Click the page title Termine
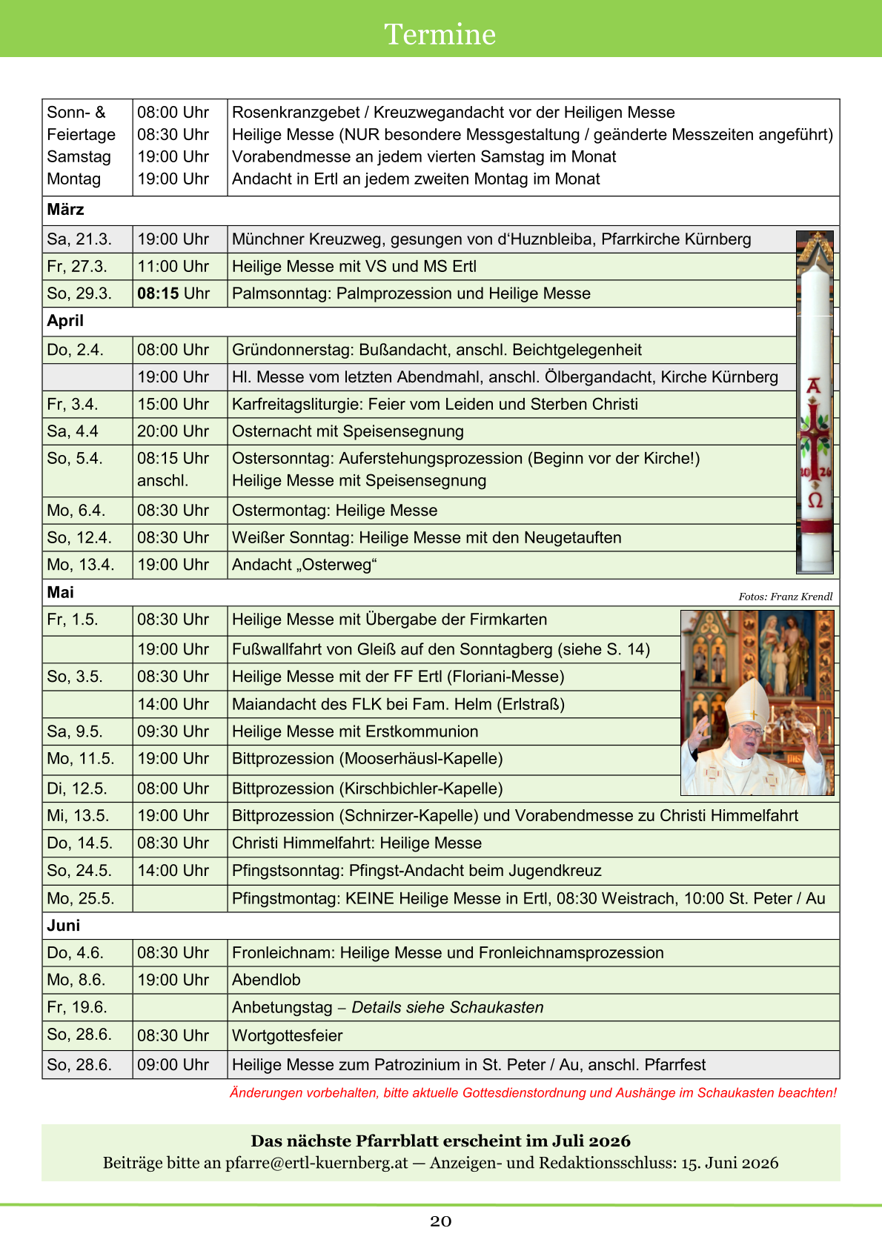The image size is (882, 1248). tap(440, 34)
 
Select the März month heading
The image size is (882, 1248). tap(65, 210)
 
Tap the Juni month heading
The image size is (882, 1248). tap(63, 926)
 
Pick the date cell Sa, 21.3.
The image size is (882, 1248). tap(79, 239)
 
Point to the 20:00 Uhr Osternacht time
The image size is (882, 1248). tap(173, 431)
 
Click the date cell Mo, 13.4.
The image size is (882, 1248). tap(80, 565)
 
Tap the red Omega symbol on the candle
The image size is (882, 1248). tap(815, 501)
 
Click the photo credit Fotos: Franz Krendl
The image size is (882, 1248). tap(785, 597)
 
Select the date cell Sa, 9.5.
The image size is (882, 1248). tap(74, 731)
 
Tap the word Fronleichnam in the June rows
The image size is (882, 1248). tap(281, 953)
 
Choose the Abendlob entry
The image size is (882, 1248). tap(266, 980)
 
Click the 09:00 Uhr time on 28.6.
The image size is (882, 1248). tap(173, 1065)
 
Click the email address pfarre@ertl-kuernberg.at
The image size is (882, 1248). tap(316, 1162)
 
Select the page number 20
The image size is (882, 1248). tap(440, 1221)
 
